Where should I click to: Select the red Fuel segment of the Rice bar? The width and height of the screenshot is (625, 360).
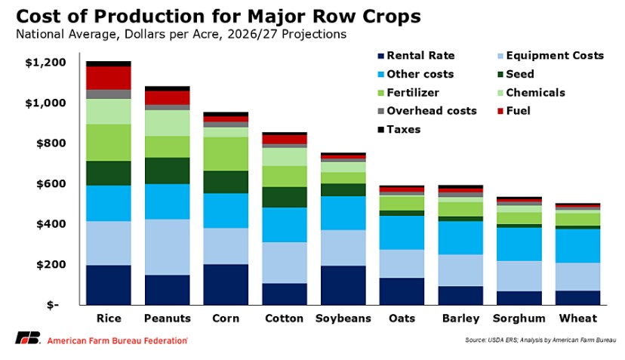coord(109,78)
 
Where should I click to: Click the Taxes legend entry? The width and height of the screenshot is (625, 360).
coord(405,129)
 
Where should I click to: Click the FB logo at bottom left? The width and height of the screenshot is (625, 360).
coord(27,339)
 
